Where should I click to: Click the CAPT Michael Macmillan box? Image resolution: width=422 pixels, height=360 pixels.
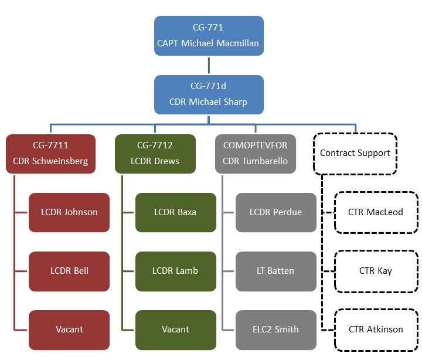point(209,36)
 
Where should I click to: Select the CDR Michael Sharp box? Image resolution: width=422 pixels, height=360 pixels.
point(209,94)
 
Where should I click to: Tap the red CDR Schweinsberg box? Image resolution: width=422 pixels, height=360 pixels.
point(50,154)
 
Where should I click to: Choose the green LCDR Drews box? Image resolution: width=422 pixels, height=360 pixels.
point(155,154)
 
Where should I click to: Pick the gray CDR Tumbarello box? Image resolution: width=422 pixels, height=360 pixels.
point(256,154)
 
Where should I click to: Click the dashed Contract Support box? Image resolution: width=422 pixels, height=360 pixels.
point(355,154)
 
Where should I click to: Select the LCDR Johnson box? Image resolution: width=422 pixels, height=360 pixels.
point(69,212)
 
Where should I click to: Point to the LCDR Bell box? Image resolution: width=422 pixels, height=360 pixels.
point(69,271)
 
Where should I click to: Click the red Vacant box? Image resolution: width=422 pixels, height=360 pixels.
point(69,330)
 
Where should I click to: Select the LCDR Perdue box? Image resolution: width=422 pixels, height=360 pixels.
point(276,212)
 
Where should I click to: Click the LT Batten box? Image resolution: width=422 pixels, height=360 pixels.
point(276,271)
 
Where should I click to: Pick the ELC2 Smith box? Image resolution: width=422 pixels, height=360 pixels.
point(276,330)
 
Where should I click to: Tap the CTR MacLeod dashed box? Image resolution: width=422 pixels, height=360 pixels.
point(376,212)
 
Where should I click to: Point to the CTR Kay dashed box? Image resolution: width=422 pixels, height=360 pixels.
point(376,271)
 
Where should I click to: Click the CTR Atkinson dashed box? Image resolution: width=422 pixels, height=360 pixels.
point(376,330)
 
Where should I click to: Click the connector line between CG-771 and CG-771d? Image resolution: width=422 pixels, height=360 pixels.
point(209,65)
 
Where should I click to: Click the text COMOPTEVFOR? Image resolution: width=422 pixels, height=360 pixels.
point(256,145)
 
